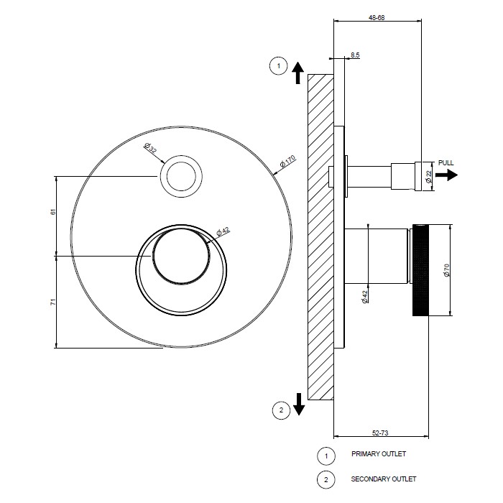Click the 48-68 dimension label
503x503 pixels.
click(x=377, y=18)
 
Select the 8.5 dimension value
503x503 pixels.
click(x=355, y=55)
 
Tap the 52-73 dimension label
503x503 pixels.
click(x=380, y=433)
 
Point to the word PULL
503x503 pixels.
click(x=446, y=163)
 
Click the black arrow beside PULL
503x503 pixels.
click(x=446, y=175)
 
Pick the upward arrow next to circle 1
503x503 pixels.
click(x=298, y=73)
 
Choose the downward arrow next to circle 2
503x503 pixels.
click(x=299, y=404)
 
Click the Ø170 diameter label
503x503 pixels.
click(x=287, y=162)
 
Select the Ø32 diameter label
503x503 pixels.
click(x=151, y=148)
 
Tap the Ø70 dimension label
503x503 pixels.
click(x=446, y=270)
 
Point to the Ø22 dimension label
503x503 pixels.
click(x=429, y=177)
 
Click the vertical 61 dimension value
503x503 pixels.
click(x=53, y=212)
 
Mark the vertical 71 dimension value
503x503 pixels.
click(x=53, y=302)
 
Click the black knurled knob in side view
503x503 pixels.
click(x=420, y=270)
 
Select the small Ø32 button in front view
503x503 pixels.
click(x=181, y=177)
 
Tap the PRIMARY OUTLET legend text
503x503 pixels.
click(x=379, y=454)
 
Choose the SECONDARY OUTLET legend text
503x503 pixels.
click(x=383, y=479)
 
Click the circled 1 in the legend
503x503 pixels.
click(x=326, y=456)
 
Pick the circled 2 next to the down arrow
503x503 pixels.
click(x=282, y=410)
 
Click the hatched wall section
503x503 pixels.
click(x=320, y=237)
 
